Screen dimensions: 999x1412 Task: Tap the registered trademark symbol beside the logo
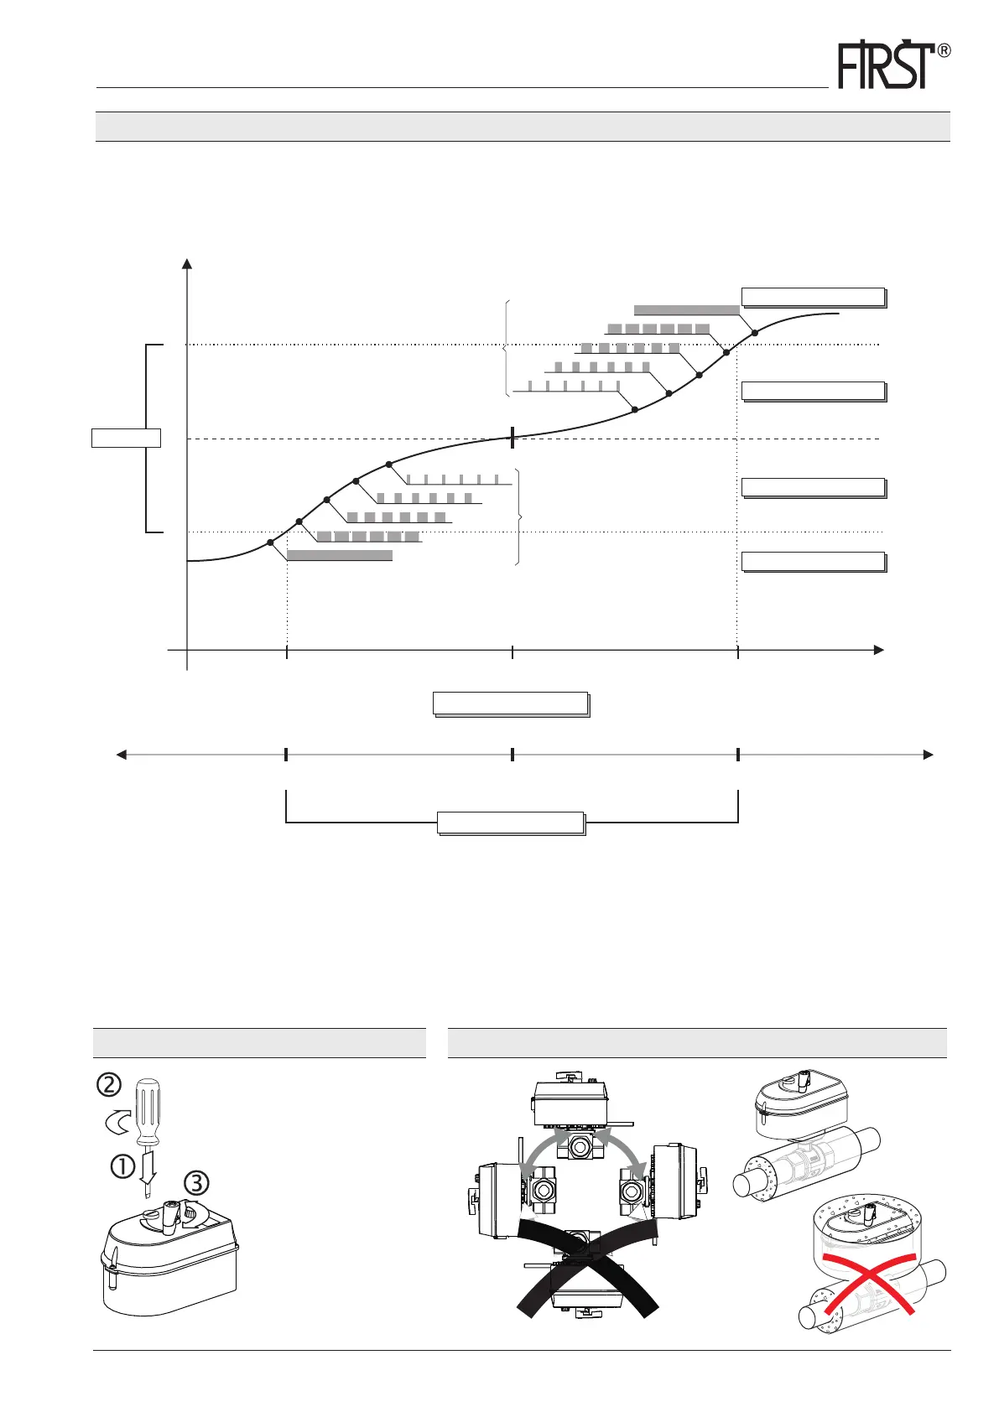coord(943,51)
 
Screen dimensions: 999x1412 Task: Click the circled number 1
coord(122,1166)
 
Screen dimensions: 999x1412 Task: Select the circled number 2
coord(108,1084)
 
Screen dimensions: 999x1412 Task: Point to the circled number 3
coord(196,1183)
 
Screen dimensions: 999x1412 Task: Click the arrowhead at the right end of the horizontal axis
coord(878,650)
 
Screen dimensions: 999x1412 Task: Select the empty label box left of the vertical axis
coord(126,438)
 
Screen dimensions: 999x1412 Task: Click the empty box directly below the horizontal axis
coord(510,703)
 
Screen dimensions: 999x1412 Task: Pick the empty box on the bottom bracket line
coord(511,823)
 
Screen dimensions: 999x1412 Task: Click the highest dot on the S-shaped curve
coord(754,333)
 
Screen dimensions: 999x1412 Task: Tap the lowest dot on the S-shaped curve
coord(270,542)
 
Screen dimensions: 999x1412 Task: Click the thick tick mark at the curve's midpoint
coord(512,437)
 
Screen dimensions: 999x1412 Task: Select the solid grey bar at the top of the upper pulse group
coord(686,309)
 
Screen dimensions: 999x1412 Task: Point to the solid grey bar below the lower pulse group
coord(339,555)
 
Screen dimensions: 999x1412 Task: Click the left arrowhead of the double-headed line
coord(122,755)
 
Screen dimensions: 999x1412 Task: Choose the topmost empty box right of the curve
coord(813,297)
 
